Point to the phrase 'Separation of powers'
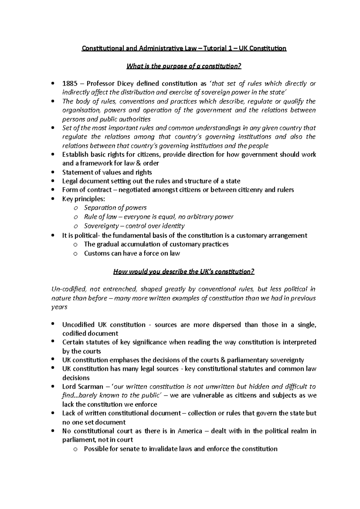(x=115, y=208)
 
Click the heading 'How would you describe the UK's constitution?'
(x=184, y=272)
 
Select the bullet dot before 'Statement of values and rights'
(x=53, y=172)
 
